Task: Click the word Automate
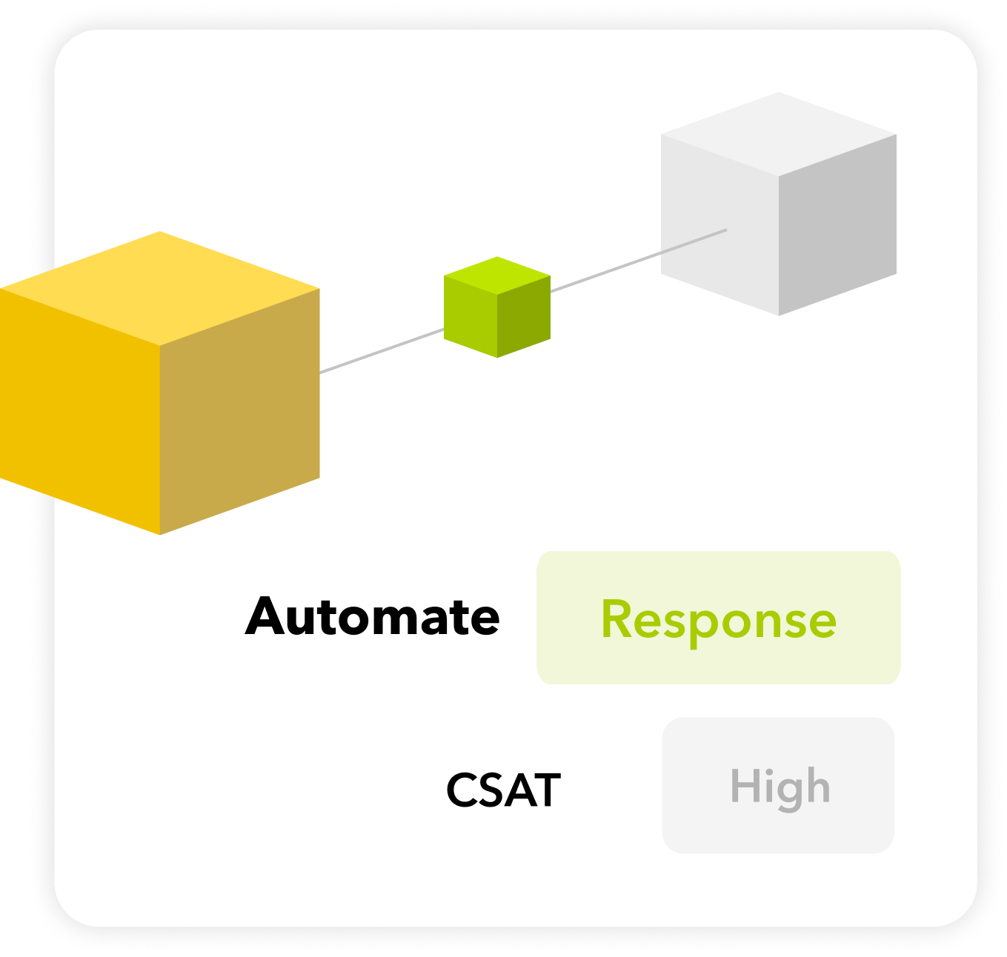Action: click(373, 617)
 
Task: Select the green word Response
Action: click(718, 619)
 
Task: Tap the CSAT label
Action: click(503, 790)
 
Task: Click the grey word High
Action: click(780, 787)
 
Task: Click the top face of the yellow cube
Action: click(160, 287)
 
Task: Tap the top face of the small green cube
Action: click(497, 275)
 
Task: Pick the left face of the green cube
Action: click(471, 319)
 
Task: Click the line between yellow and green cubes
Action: click(382, 350)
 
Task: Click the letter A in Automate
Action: click(269, 617)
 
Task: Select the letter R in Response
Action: click(617, 619)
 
